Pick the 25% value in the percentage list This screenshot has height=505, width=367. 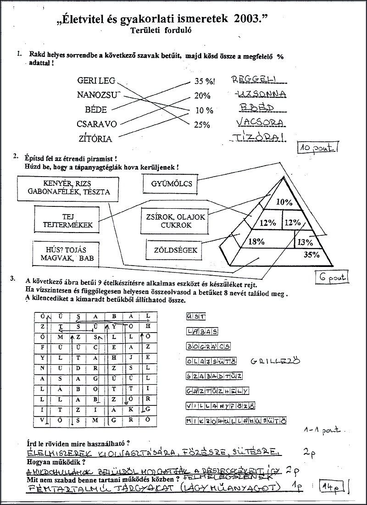[202, 124]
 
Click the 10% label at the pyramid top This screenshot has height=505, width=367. [284, 201]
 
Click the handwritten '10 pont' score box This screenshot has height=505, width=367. [317, 147]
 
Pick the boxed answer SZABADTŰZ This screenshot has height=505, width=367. [213, 376]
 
